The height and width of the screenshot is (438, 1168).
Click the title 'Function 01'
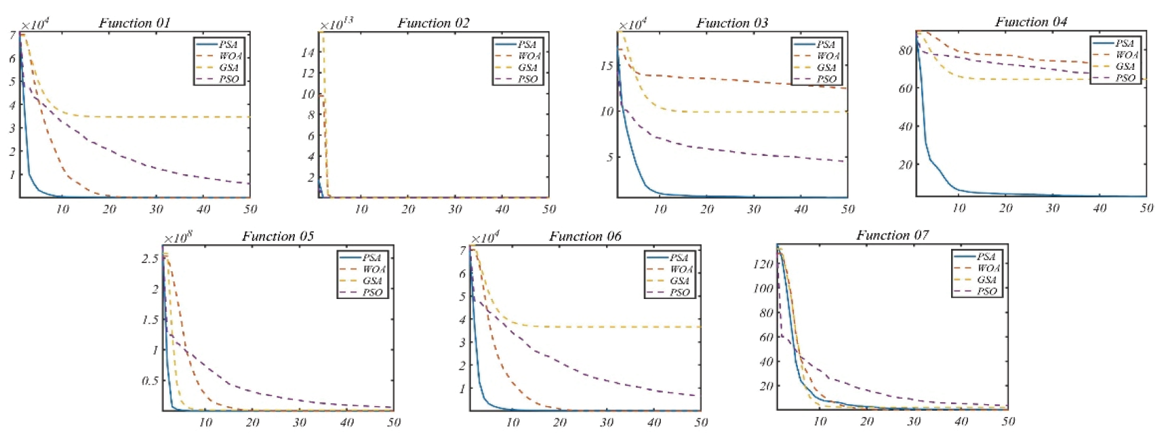134,23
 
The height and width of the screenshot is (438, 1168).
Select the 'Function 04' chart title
1030,22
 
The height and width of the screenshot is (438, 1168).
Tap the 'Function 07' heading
892,235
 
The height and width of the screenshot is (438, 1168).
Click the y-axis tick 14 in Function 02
308,52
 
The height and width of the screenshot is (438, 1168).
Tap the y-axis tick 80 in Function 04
905,50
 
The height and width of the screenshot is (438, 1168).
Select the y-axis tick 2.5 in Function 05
150,258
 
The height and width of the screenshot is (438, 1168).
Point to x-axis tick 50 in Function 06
701,422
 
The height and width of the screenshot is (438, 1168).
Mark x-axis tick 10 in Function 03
660,209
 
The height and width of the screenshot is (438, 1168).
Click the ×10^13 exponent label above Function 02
336,24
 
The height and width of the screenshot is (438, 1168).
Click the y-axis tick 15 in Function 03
606,66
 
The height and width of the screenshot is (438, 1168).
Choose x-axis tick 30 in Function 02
455,209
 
